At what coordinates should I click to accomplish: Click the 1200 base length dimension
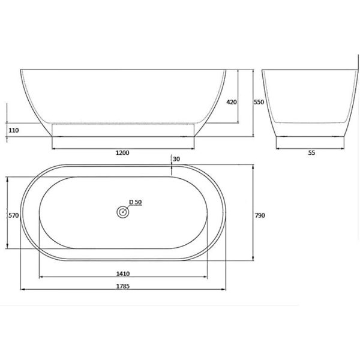(x=122, y=152)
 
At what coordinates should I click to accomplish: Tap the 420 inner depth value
(x=232, y=102)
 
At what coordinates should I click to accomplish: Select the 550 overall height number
(x=259, y=102)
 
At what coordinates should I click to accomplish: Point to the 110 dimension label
(x=14, y=130)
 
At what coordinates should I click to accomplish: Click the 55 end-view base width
(x=311, y=152)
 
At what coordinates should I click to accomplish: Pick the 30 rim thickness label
(x=176, y=159)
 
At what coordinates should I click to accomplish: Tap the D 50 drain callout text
(x=136, y=202)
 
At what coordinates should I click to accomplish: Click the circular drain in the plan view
(x=123, y=212)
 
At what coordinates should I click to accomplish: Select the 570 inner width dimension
(x=14, y=215)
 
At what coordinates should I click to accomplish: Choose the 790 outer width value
(x=260, y=215)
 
